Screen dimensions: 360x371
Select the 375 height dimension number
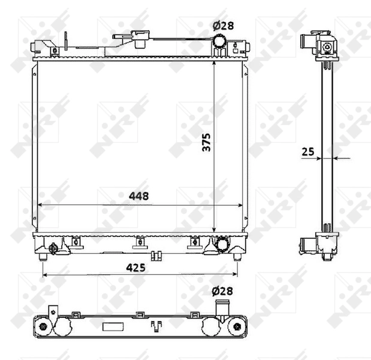click(206, 142)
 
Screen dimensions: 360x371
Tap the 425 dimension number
click(137, 268)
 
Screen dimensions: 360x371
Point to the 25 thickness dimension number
click(308, 152)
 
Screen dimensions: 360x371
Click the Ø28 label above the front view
click(222, 25)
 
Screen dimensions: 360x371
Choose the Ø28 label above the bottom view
click(222, 291)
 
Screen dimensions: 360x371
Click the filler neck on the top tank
click(143, 38)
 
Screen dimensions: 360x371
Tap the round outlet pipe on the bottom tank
click(222, 244)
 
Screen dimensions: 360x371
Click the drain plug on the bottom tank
click(54, 247)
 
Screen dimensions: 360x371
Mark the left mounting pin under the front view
click(43, 257)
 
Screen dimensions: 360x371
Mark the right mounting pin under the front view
click(237, 257)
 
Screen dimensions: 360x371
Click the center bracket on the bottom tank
click(139, 242)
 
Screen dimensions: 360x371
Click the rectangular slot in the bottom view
click(112, 327)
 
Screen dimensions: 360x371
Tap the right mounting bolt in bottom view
click(237, 327)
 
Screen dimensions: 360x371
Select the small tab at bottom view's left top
click(53, 309)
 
